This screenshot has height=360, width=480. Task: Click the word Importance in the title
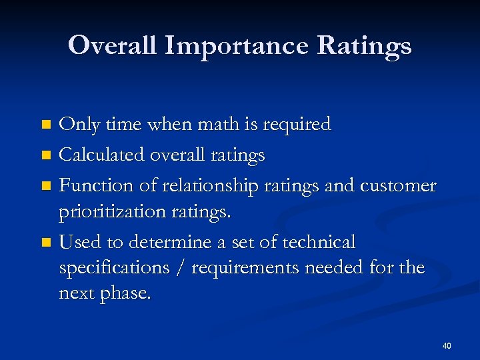237,46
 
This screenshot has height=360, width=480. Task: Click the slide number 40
446,345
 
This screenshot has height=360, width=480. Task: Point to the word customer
398,186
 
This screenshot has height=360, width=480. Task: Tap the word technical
319,241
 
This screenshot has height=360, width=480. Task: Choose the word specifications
109,267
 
